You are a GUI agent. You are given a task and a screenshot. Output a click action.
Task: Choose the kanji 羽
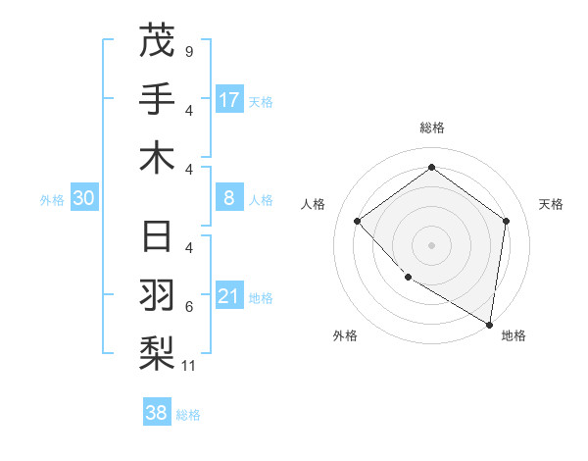(x=158, y=295)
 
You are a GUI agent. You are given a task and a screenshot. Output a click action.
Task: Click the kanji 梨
(x=158, y=353)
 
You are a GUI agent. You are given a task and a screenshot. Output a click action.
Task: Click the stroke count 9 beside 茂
(x=189, y=50)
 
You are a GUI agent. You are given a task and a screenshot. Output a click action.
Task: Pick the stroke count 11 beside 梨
(x=190, y=366)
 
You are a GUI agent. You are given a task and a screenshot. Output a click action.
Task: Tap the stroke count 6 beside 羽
(x=189, y=307)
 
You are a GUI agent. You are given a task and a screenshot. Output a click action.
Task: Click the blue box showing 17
(x=229, y=100)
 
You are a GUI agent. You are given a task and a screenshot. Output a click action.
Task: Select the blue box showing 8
(x=229, y=199)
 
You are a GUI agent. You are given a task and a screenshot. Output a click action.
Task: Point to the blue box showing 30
(x=83, y=199)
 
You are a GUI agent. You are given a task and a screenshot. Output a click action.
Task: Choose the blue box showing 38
(x=157, y=414)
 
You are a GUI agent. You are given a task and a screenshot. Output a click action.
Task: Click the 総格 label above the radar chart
(x=431, y=128)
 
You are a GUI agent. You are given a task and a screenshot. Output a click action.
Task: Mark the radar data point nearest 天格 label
(x=506, y=221)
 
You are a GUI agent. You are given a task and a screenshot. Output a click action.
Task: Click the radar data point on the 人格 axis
(x=358, y=221)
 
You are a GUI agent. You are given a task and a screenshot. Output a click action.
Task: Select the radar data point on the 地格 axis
(x=489, y=324)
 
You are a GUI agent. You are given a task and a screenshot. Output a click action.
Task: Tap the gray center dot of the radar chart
(x=431, y=244)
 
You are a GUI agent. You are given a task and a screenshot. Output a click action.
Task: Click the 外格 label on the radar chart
(x=345, y=336)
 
